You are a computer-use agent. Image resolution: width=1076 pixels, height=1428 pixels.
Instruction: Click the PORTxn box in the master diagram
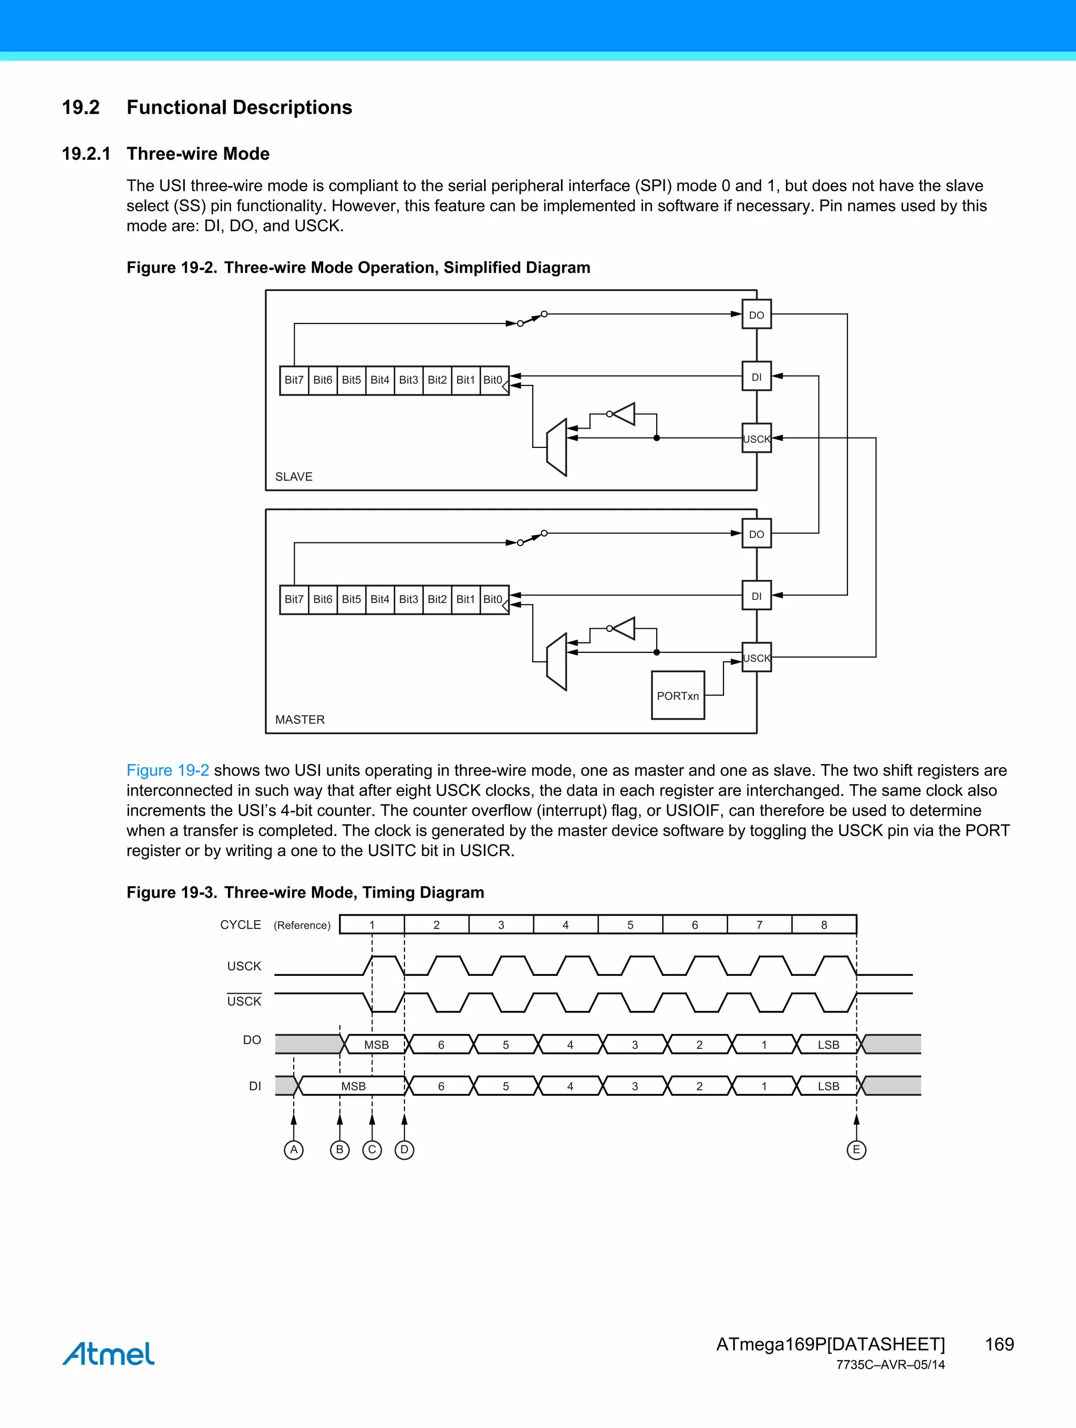(678, 695)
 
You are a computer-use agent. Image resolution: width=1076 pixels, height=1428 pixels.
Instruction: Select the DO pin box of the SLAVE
(757, 315)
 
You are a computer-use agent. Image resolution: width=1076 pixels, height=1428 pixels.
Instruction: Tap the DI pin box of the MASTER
(757, 596)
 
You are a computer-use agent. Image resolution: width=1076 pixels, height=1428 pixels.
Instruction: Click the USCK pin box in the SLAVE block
(757, 439)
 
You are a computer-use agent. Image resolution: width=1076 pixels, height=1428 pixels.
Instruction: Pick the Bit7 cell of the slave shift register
(294, 380)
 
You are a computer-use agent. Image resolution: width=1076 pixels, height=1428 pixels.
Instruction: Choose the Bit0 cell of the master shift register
(493, 600)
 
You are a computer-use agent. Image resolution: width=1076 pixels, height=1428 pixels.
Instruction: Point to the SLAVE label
(293, 476)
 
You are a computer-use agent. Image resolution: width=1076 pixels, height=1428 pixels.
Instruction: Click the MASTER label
(299, 719)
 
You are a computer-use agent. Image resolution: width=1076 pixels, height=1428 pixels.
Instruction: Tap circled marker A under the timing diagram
(294, 1150)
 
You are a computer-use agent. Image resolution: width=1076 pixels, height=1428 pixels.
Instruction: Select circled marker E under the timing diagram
(856, 1150)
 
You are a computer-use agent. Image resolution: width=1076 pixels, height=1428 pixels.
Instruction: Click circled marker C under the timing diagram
(372, 1150)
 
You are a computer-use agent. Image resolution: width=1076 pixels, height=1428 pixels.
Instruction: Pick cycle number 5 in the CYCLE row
(630, 925)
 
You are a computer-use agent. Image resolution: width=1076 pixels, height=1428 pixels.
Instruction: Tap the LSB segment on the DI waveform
(828, 1087)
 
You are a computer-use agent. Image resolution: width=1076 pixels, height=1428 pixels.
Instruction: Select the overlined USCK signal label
(244, 1001)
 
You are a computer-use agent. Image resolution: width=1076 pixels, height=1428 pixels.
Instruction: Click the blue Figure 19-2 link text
(167, 770)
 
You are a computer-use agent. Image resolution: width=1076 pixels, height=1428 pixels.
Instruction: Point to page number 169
(999, 1344)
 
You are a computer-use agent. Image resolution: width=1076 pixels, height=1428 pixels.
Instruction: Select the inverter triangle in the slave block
(625, 414)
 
